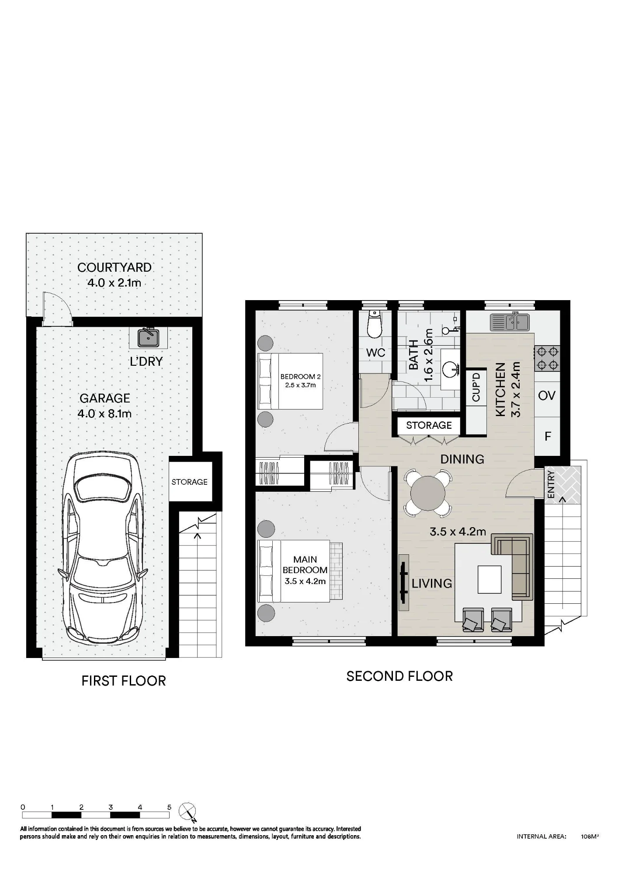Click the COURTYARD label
click(115, 267)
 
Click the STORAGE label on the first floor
click(189, 482)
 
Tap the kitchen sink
click(510, 322)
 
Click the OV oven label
click(547, 395)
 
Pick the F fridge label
click(548, 436)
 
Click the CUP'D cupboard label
click(476, 387)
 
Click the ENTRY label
click(551, 484)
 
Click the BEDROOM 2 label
click(301, 376)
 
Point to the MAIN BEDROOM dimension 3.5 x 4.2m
click(305, 581)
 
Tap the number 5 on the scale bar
click(169, 807)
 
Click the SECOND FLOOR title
click(399, 676)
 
